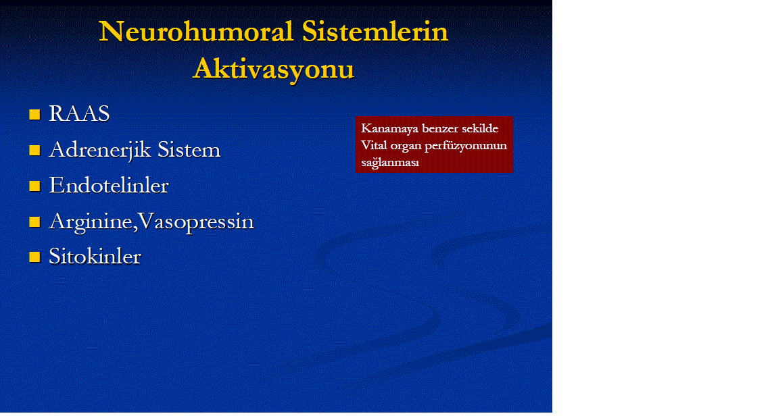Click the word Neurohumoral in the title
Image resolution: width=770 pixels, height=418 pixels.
point(196,32)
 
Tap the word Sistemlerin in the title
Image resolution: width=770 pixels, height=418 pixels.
point(375,32)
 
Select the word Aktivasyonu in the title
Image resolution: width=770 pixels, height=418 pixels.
point(274,69)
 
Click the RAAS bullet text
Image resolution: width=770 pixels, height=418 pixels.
point(79,114)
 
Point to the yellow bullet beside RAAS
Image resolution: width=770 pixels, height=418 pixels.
point(34,114)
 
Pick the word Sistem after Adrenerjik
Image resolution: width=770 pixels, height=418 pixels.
point(189,150)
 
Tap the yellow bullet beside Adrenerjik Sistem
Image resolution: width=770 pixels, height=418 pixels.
point(34,150)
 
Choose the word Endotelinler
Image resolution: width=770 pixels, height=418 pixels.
point(109,186)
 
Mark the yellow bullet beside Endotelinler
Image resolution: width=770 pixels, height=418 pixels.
point(34,186)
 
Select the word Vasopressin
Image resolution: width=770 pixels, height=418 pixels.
point(196,221)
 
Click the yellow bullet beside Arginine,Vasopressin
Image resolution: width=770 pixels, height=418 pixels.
point(34,221)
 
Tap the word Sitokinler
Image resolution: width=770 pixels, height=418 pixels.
point(95,257)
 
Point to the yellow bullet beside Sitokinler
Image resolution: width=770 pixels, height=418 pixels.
point(34,257)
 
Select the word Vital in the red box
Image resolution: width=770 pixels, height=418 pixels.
point(374,145)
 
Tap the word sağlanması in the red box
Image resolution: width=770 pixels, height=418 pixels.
point(390,163)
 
